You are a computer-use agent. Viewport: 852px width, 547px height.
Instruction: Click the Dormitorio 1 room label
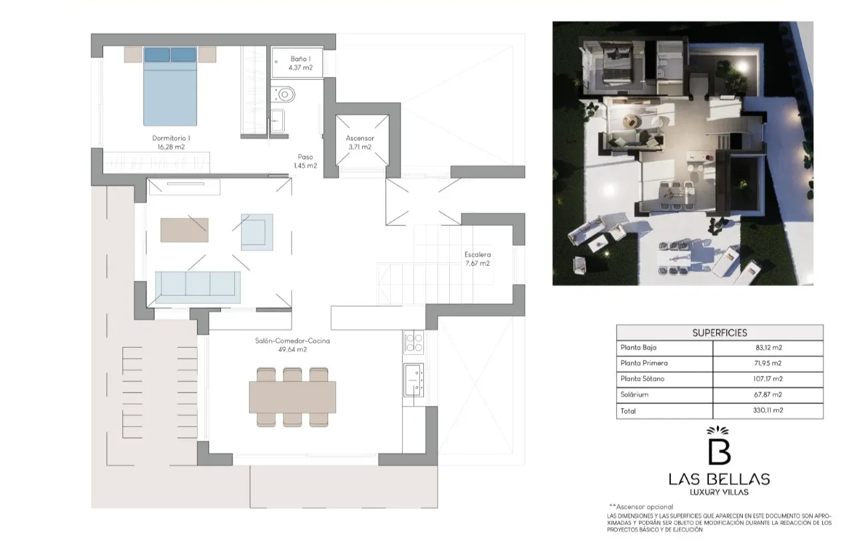pos(171,143)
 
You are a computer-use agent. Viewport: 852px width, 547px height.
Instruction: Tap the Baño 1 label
pos(300,63)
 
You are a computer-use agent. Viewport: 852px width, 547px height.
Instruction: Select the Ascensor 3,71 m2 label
pos(360,143)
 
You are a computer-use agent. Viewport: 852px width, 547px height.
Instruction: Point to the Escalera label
pos(477,255)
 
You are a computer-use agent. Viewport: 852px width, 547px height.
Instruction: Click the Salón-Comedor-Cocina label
pos(292,341)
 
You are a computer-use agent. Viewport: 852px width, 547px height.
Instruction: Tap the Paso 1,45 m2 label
pos(306,161)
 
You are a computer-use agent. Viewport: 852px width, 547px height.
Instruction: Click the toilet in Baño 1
pos(284,95)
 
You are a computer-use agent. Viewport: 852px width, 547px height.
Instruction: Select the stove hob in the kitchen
pos(413,342)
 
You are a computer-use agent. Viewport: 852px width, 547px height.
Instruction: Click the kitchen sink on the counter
pos(413,380)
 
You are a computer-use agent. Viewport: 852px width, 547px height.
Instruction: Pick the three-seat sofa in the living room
pos(198,287)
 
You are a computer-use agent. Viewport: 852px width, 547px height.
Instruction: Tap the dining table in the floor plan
pos(292,397)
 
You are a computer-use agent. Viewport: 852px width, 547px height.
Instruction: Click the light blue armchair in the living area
pos(257,233)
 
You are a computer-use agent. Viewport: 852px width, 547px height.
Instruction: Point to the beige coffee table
pos(184,230)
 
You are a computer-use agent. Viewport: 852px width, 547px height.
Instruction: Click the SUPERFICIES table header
pos(720,333)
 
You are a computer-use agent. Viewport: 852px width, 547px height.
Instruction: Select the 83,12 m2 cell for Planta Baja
pos(769,348)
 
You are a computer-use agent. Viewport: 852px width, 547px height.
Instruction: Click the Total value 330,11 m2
pos(768,410)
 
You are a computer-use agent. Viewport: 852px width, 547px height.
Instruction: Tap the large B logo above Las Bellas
pos(720,447)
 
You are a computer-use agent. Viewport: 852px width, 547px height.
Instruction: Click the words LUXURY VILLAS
pos(720,492)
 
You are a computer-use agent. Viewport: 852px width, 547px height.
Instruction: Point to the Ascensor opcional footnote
pos(641,506)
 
